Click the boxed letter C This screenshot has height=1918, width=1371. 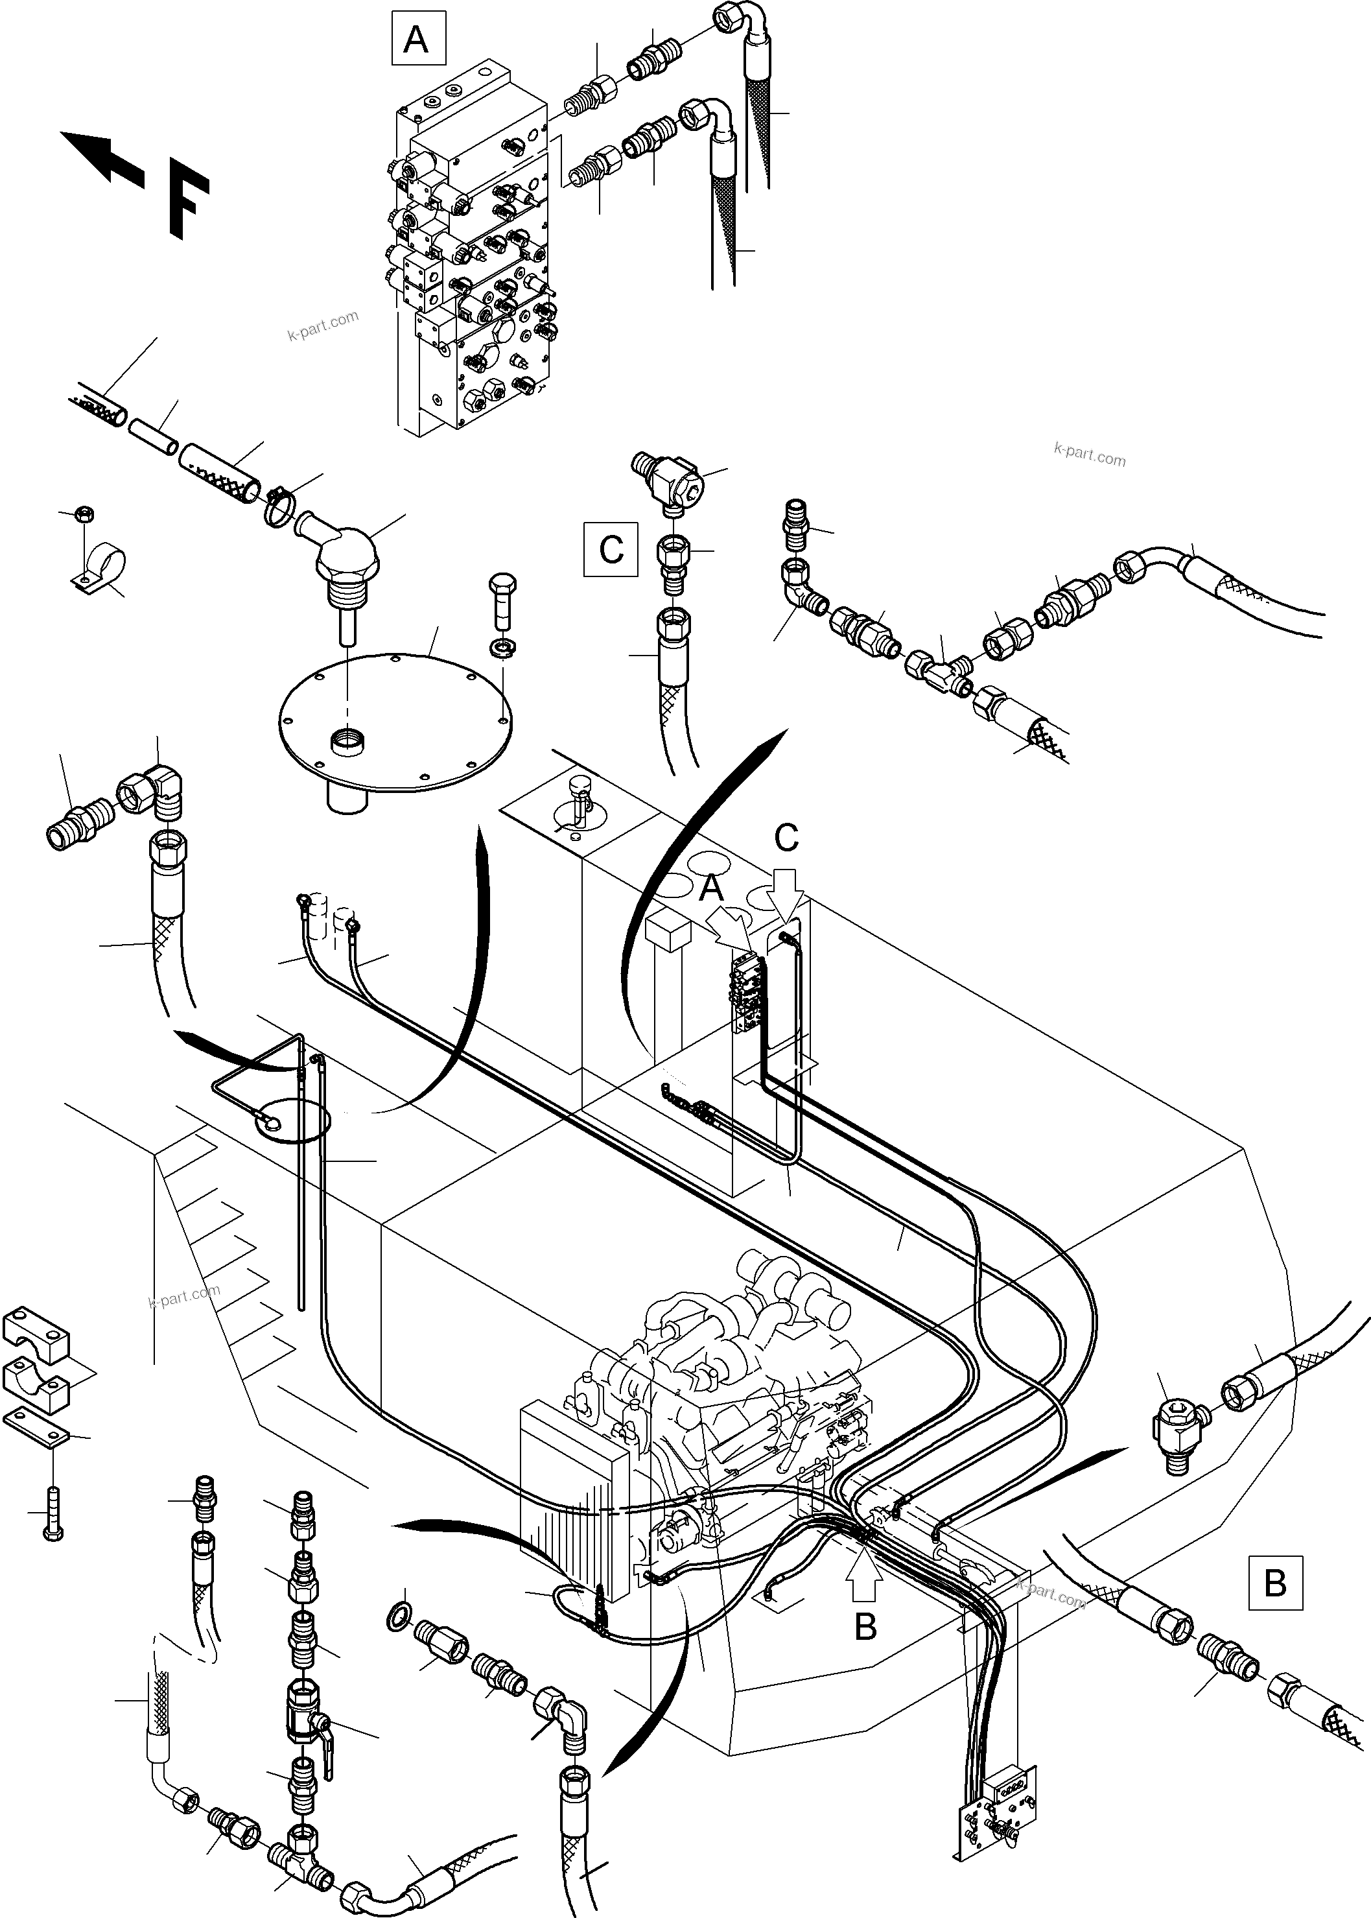tap(611, 550)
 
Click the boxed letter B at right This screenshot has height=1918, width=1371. tap(1275, 1582)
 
